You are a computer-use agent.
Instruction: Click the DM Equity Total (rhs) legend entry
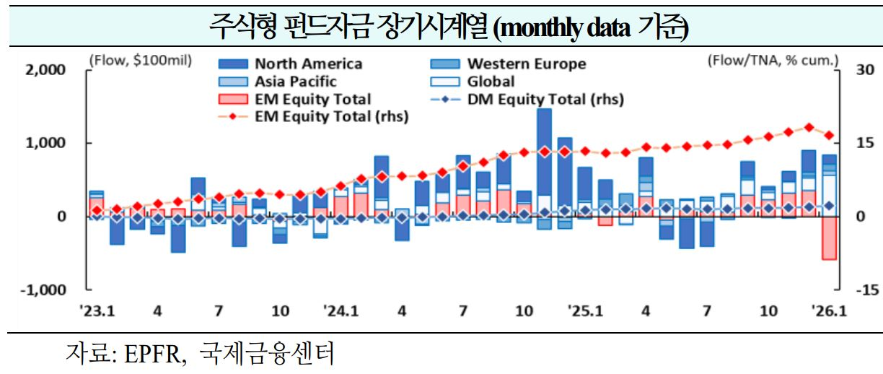tap(545, 99)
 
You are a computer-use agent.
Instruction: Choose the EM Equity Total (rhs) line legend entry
tap(331, 116)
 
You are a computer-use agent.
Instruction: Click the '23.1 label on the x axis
tap(97, 312)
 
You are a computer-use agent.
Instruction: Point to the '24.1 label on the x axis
tap(341, 312)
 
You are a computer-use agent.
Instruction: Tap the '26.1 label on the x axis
tap(829, 312)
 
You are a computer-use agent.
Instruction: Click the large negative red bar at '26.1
tap(830, 238)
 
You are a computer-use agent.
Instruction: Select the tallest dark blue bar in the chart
tap(545, 152)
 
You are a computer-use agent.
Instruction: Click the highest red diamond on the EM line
tap(809, 127)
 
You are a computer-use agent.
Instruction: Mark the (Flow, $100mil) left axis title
tap(139, 61)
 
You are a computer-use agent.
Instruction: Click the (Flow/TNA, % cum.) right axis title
tap(773, 61)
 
